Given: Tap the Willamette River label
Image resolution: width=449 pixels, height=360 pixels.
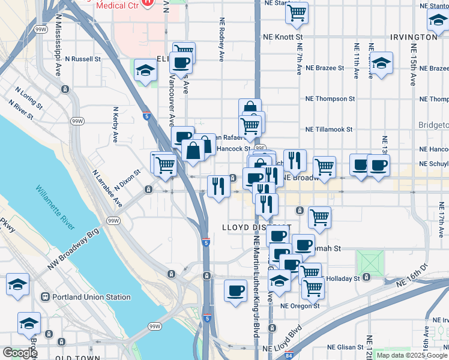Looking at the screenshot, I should click(x=55, y=208).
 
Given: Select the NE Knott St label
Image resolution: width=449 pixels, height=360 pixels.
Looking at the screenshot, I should click(x=283, y=37).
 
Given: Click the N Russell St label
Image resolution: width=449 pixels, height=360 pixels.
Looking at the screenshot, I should click(x=83, y=59).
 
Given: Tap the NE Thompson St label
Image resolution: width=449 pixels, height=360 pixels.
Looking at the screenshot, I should click(x=330, y=98).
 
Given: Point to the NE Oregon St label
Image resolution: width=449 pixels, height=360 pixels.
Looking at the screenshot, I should click(x=300, y=305).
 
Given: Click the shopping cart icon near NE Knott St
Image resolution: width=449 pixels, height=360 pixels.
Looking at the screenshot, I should click(x=297, y=13).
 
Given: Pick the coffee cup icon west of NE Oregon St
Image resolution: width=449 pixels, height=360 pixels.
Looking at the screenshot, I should click(x=235, y=290).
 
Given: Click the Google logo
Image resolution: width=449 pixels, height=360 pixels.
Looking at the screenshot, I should click(x=19, y=353).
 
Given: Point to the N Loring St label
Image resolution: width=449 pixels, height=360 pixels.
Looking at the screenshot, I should click(x=29, y=99).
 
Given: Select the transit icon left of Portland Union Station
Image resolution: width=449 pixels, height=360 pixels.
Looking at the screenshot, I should click(x=44, y=297).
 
